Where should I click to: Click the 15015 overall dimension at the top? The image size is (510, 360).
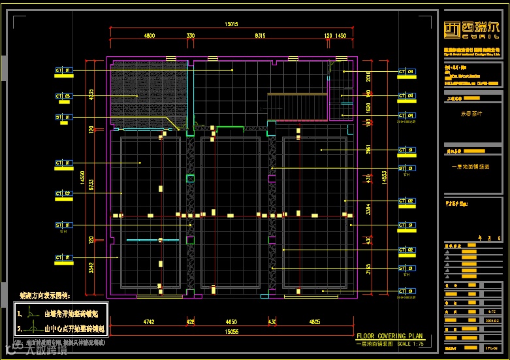(x=231, y=24)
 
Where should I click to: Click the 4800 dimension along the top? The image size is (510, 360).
(x=150, y=36)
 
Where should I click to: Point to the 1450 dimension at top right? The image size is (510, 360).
(x=340, y=36)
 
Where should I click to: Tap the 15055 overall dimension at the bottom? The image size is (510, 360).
(x=231, y=332)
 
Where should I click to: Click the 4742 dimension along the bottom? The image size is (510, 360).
(x=149, y=321)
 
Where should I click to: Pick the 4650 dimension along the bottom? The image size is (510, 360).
(x=231, y=321)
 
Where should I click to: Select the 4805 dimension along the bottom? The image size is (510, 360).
(x=314, y=321)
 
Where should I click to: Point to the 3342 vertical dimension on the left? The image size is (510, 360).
(x=92, y=268)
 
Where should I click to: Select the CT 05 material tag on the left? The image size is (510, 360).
(x=63, y=97)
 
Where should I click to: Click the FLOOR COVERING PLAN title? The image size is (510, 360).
(x=390, y=336)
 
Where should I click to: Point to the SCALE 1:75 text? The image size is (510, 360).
(x=410, y=343)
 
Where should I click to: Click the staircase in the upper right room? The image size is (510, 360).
(x=296, y=106)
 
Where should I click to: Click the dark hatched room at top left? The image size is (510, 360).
(x=150, y=95)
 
